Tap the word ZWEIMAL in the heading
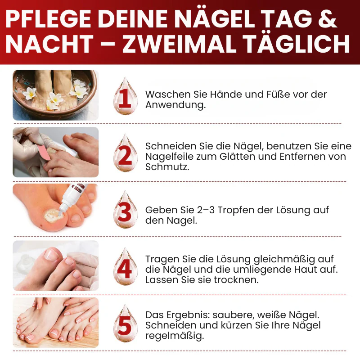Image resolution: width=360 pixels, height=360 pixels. pyautogui.click(x=179, y=44)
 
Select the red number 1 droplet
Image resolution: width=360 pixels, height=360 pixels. pyautogui.click(x=125, y=96)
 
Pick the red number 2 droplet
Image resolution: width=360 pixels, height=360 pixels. pyautogui.click(x=125, y=153)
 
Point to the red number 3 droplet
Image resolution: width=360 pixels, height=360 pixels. pyautogui.click(x=125, y=210)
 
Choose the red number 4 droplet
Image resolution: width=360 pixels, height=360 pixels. pyautogui.click(x=125, y=266)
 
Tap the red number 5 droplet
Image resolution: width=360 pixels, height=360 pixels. pyautogui.click(x=125, y=323)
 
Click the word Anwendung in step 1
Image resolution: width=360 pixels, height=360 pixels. pyautogui.click(x=175, y=105)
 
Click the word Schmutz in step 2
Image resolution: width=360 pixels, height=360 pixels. pyautogui.click(x=167, y=167)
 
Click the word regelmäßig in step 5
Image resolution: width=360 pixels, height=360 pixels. pyautogui.click(x=175, y=336)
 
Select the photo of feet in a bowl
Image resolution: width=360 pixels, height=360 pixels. pyautogui.click(x=55, y=95)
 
